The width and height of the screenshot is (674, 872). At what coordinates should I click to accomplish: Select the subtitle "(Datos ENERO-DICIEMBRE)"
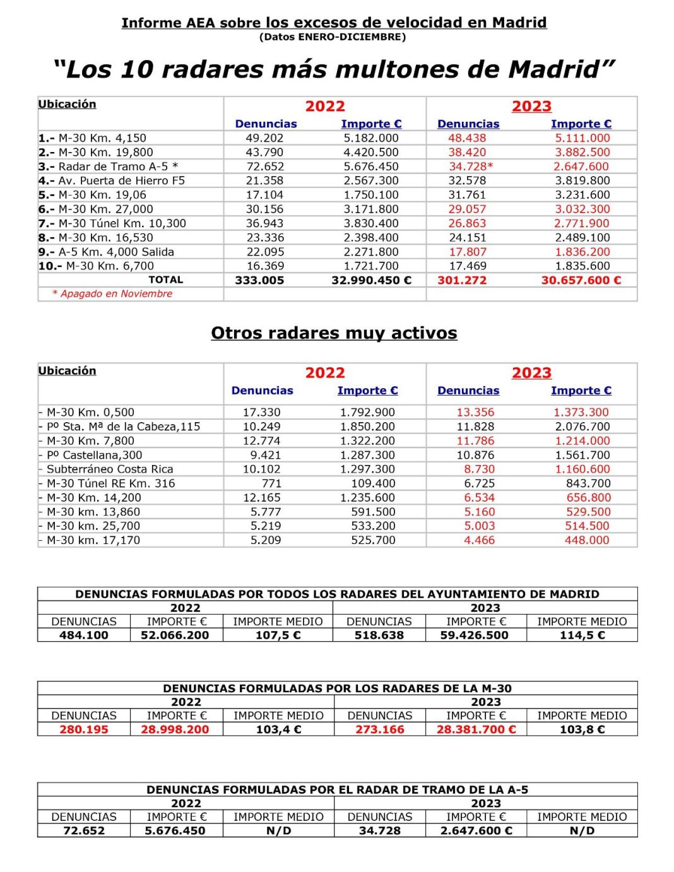333,37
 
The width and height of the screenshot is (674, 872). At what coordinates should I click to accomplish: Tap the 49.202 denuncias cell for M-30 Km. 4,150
264,138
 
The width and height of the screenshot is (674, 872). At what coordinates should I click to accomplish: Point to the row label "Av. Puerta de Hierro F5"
122,180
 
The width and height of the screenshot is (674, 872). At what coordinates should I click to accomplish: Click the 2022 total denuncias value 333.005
259,280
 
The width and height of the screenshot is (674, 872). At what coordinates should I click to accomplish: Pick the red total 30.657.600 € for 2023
581,280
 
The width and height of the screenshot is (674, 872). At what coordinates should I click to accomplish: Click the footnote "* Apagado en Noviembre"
112,293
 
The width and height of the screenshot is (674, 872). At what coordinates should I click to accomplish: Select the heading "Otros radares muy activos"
334,333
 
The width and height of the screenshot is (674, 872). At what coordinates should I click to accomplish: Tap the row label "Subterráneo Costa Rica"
109,469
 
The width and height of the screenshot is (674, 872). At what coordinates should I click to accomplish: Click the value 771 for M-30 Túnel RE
271,483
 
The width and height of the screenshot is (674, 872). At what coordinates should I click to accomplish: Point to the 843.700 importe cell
588,483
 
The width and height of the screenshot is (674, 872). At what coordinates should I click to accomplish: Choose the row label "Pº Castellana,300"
94,455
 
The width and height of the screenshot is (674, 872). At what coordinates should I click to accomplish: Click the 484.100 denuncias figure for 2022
84,635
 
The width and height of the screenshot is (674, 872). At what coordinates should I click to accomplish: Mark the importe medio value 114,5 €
582,635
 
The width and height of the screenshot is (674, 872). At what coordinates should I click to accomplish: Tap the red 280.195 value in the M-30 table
84,729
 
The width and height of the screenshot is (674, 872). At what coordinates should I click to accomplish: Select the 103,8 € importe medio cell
582,729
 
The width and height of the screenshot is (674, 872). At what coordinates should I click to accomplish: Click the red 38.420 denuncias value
467,152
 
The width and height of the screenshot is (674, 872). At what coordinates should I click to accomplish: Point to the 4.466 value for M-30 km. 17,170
480,540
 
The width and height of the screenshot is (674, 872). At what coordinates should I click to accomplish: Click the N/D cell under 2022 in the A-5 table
278,830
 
